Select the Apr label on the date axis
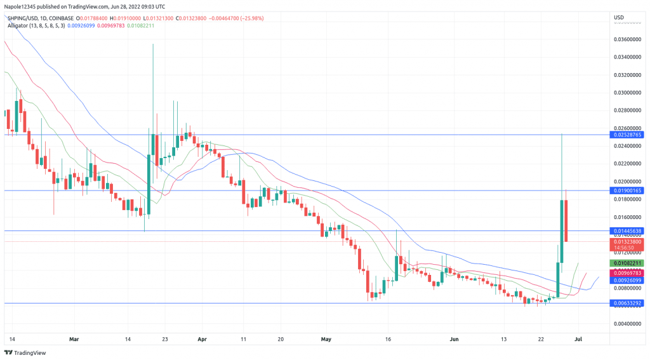[202, 340]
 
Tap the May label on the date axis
[326, 340]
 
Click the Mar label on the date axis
[75, 340]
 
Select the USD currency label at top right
[620, 15]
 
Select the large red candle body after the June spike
[566, 220]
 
